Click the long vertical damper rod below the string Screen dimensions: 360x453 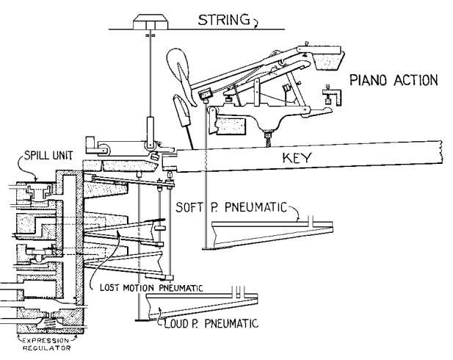(149, 73)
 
